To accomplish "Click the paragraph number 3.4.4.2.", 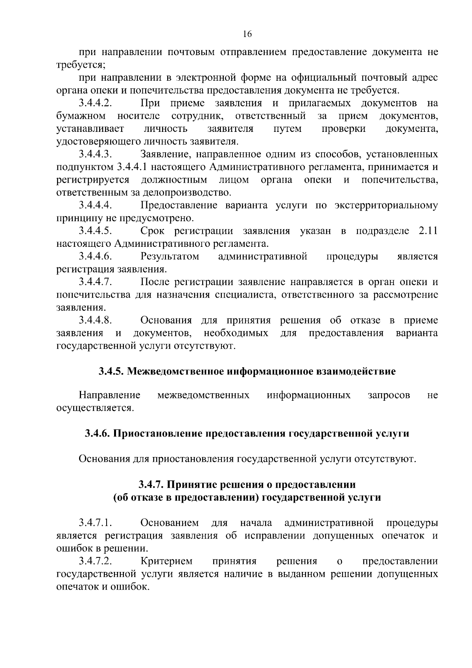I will (96, 104).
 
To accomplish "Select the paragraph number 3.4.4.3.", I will (96, 154).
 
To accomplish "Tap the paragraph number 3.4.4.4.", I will (96, 205).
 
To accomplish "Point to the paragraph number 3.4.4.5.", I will (96, 231).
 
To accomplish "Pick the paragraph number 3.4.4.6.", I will (96, 257).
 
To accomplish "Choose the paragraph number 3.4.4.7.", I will (96, 282).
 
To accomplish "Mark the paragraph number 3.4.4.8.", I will (96, 320).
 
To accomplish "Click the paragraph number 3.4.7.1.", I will (96, 523).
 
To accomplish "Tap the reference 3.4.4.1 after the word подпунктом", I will (132, 167).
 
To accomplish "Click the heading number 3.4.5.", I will (111, 371).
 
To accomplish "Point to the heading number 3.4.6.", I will (98, 434).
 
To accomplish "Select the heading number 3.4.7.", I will (151, 485).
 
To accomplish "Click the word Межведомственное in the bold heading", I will (177, 371).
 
